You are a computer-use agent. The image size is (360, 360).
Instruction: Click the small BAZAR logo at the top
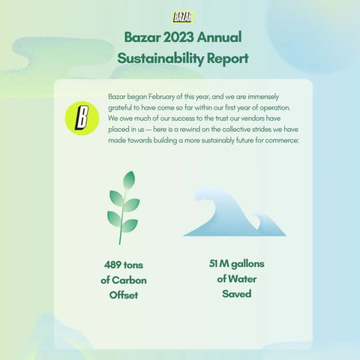(x=183, y=17)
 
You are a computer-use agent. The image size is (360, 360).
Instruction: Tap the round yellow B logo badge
(x=82, y=118)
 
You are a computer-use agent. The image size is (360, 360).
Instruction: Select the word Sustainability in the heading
(x=160, y=58)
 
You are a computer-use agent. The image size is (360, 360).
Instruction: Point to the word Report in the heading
(x=228, y=59)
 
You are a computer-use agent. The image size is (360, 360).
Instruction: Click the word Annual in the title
(x=219, y=37)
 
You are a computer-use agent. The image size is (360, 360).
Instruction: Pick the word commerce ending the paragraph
(x=282, y=140)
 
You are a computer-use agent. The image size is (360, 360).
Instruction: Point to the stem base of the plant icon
(x=120, y=242)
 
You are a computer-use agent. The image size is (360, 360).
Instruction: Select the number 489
(x=113, y=265)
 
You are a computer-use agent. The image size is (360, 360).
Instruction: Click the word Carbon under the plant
(x=129, y=280)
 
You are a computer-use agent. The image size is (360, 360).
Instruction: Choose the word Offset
(x=124, y=295)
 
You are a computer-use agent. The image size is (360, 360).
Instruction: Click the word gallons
(x=247, y=264)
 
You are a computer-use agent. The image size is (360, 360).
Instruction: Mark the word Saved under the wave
(x=237, y=294)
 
